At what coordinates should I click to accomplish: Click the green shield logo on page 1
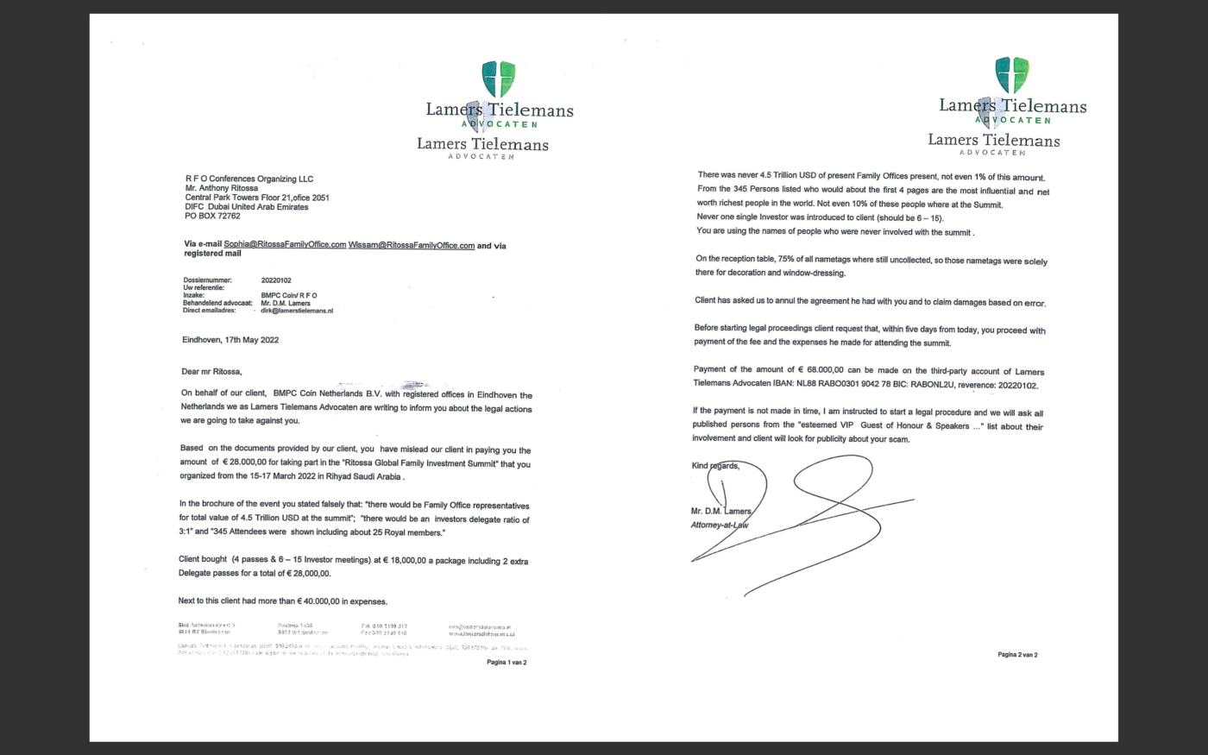pos(499,79)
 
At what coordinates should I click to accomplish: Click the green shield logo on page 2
pos(1012,75)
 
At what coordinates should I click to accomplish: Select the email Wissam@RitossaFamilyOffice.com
pos(412,245)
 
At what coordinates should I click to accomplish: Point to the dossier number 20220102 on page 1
pos(276,280)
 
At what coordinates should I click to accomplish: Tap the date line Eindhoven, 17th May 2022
pos(230,340)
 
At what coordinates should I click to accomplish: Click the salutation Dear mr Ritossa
pos(211,372)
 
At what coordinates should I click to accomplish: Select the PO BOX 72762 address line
pos(212,216)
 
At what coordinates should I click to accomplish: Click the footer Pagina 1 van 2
pos(506,663)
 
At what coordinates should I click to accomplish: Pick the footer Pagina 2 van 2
pos(1017,655)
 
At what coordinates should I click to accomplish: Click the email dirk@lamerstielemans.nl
pos(297,311)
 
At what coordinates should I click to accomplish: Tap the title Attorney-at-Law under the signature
pos(720,525)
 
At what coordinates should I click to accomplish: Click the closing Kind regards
pos(715,466)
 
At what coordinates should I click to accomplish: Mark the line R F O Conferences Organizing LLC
pos(249,179)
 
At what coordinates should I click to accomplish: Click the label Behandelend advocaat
pos(217,303)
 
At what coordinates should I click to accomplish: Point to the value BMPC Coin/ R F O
pos(288,295)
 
